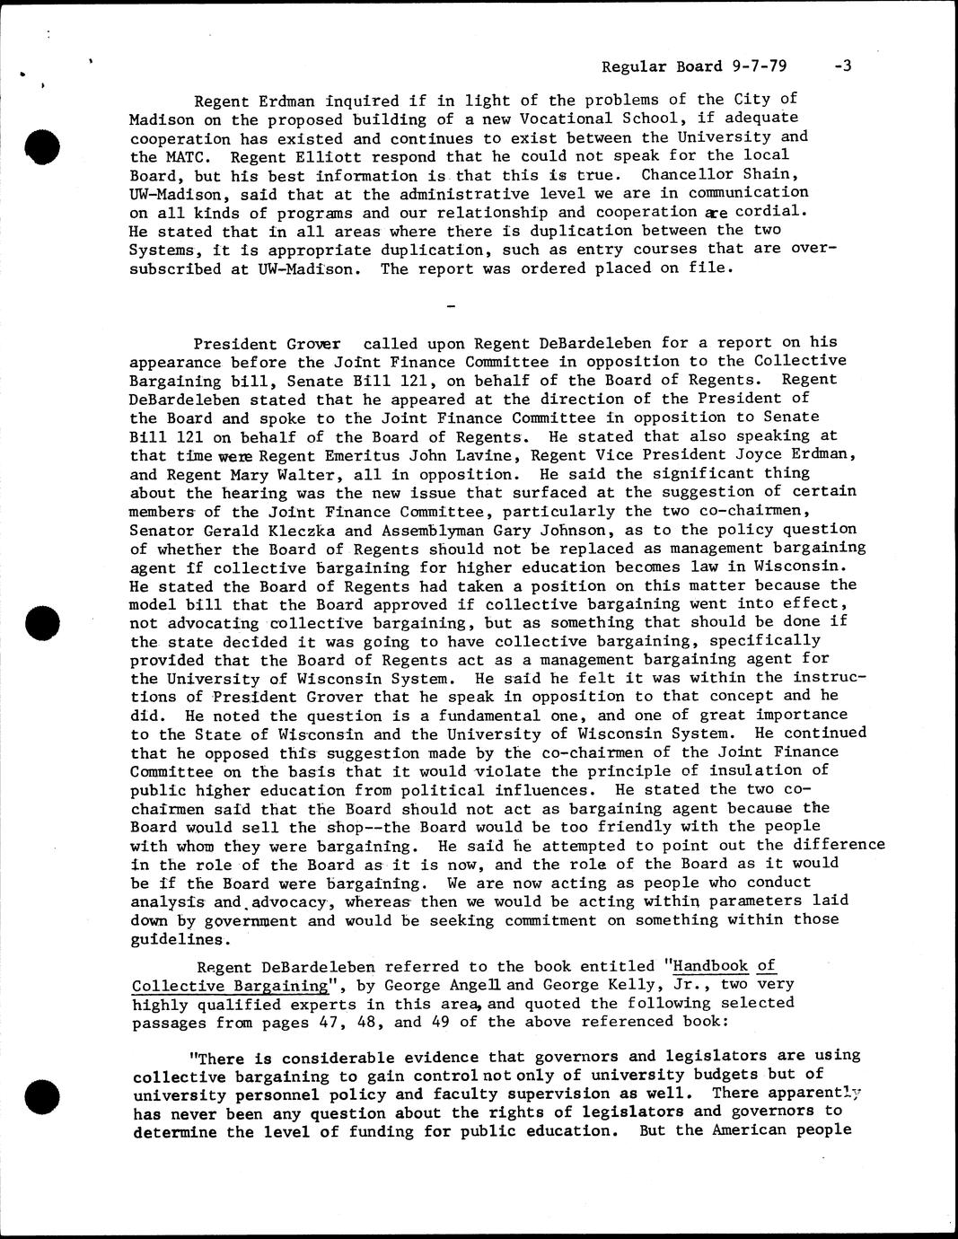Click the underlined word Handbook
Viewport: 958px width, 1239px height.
pos(711,966)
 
